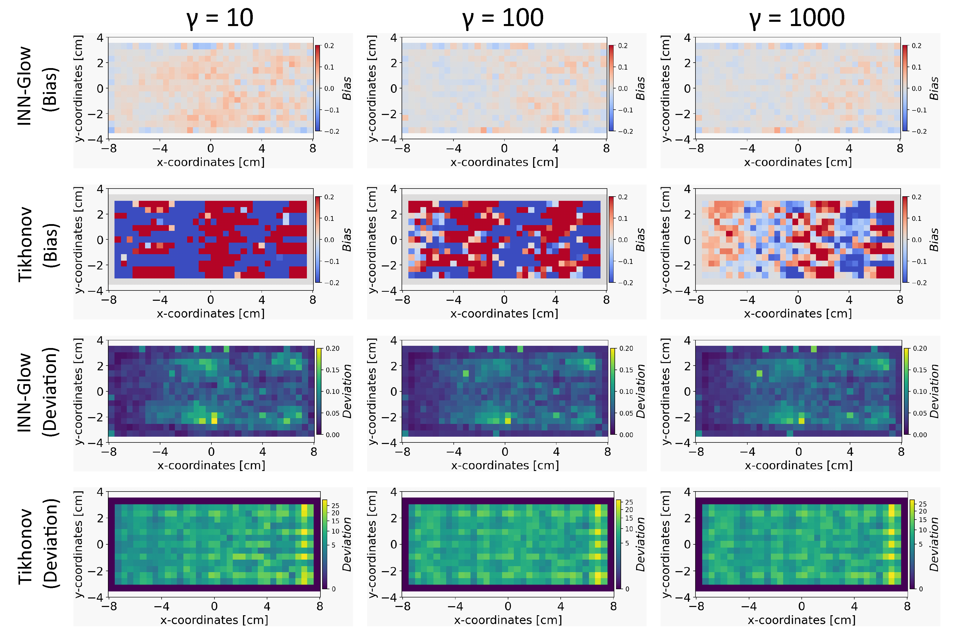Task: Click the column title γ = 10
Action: [x=219, y=18]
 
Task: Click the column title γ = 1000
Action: [x=796, y=18]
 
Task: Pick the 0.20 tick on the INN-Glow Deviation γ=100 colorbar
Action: [x=626, y=349]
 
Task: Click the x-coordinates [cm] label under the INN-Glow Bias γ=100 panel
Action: [x=504, y=162]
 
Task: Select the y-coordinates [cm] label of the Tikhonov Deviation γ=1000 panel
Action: [x=665, y=544]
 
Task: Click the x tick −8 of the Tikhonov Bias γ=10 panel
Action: [x=108, y=300]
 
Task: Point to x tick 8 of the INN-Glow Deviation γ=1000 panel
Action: [x=901, y=451]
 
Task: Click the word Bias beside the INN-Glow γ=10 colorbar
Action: [x=347, y=88]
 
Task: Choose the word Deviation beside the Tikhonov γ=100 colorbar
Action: [x=640, y=544]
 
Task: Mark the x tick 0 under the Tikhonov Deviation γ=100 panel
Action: [x=508, y=606]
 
